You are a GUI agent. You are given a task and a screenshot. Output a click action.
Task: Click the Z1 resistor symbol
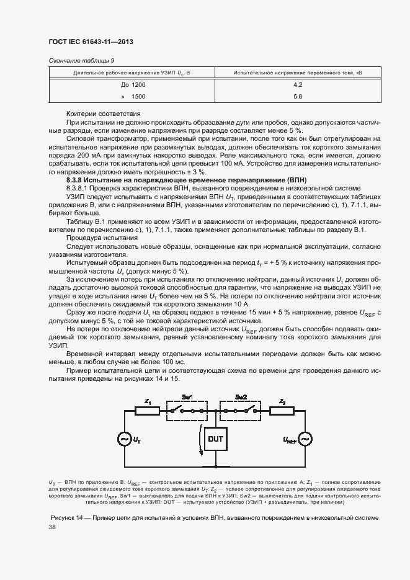click(x=148, y=411)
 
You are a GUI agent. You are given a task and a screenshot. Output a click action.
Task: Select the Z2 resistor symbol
click(x=282, y=411)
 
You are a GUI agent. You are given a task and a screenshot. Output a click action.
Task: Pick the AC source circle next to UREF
click(x=305, y=439)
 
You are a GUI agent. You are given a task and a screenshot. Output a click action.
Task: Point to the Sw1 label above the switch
click(x=187, y=396)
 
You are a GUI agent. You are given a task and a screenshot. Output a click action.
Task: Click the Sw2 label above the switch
click(x=242, y=396)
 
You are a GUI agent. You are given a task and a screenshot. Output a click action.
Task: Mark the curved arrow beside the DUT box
click(x=200, y=440)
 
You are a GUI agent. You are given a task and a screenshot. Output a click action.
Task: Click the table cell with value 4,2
click(x=297, y=84)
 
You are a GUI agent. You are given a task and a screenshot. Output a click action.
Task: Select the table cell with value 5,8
click(x=297, y=97)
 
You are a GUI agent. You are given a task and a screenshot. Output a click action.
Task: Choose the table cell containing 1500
click(x=138, y=97)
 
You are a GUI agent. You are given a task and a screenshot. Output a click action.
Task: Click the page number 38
click(x=52, y=527)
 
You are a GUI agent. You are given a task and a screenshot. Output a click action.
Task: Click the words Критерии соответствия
click(x=103, y=114)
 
